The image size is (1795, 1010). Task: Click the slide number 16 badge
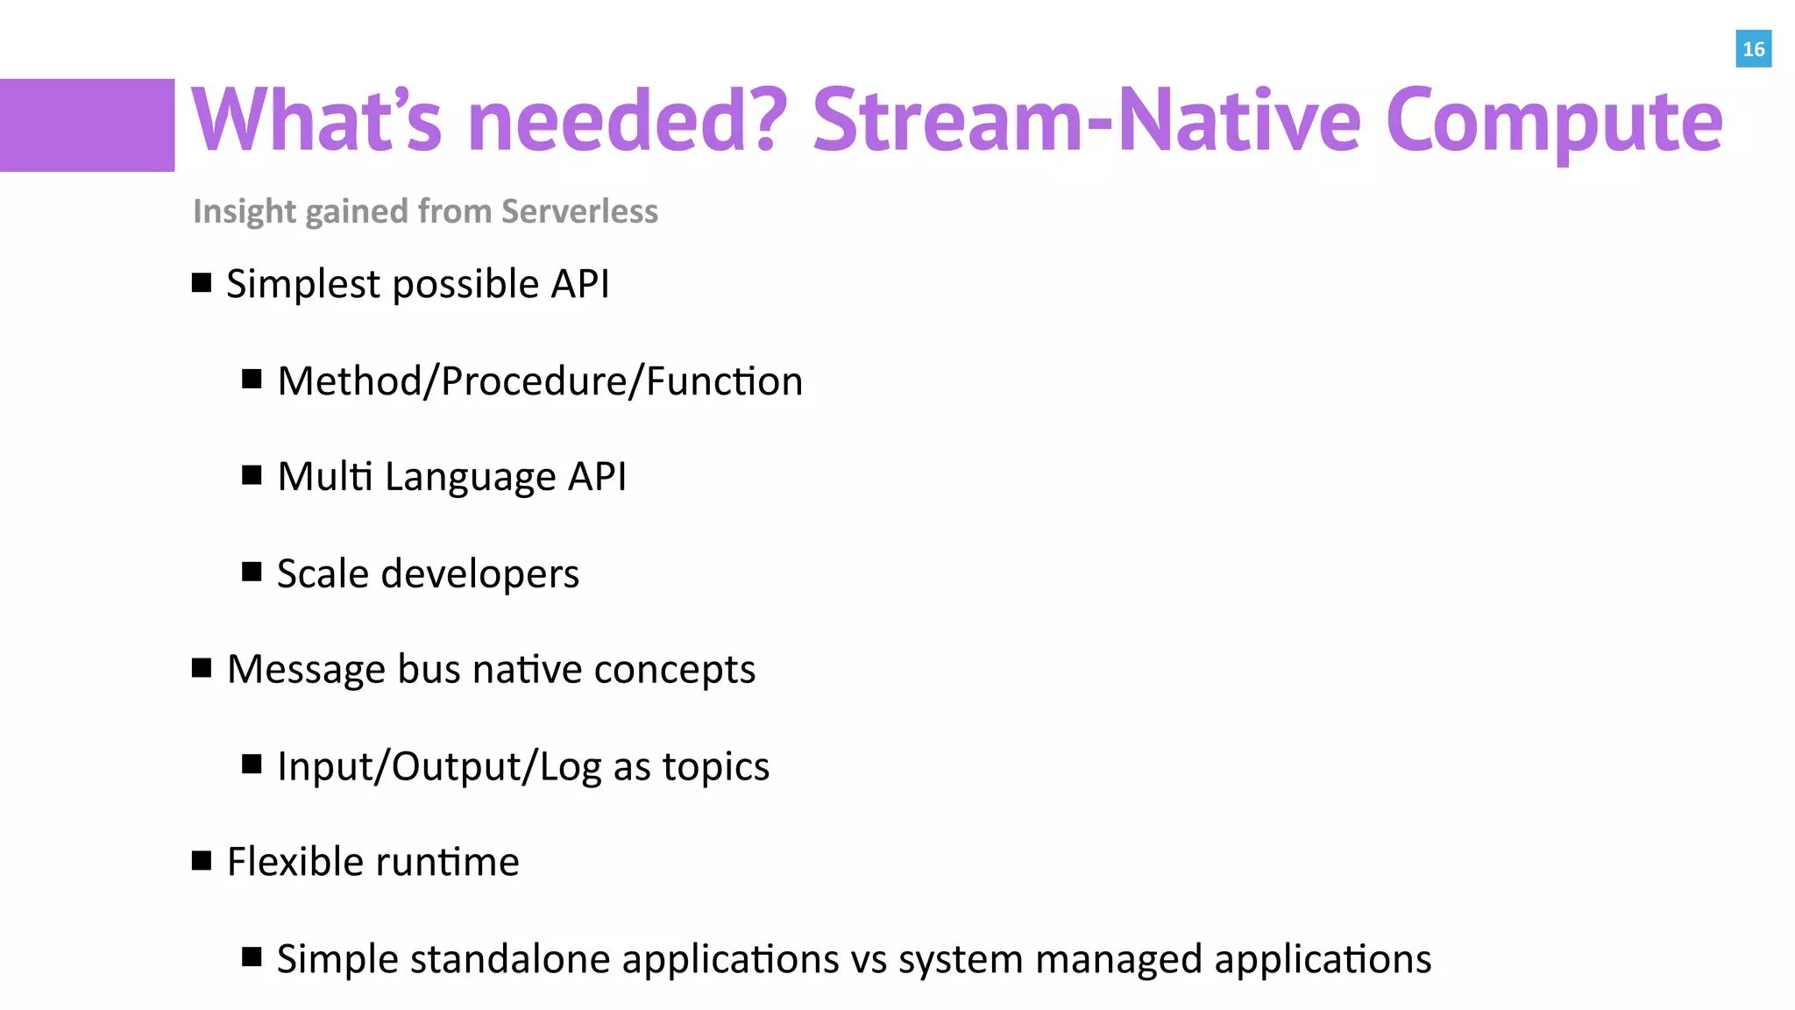point(1753,49)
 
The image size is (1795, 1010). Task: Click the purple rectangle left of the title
point(87,124)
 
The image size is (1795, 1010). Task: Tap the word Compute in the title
point(1554,121)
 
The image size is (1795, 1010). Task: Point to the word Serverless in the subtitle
point(579,211)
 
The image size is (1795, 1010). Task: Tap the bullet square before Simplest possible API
point(202,282)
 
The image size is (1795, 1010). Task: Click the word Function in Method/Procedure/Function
point(724,381)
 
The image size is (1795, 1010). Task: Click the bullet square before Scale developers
point(252,573)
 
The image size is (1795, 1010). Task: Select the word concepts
point(674,670)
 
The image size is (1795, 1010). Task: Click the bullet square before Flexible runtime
point(202,861)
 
